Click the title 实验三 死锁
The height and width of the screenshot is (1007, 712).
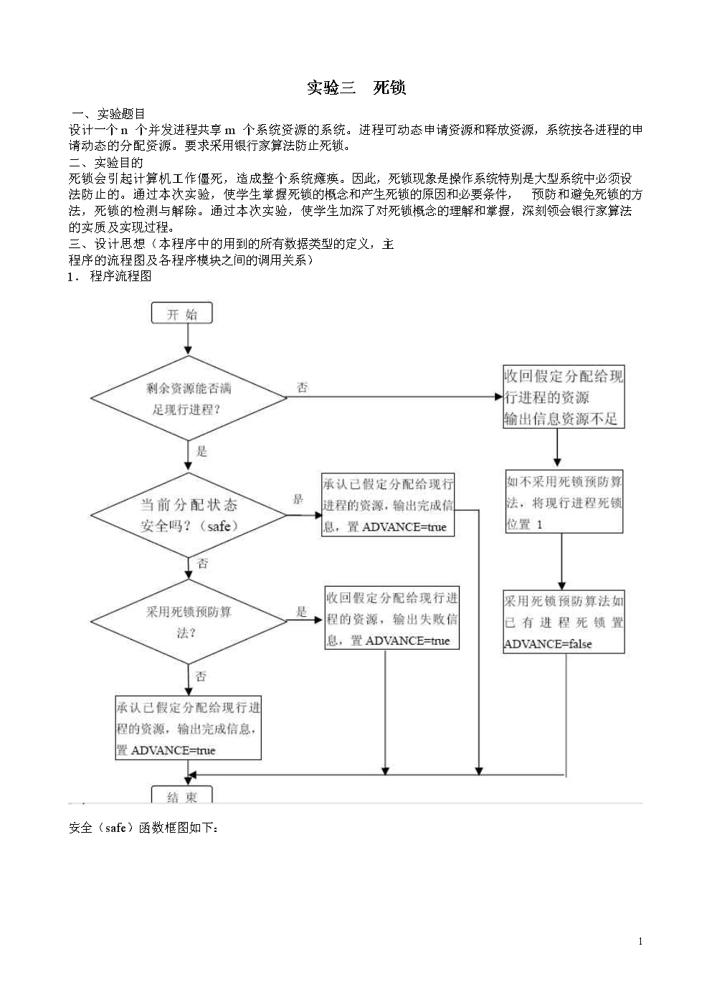pyautogui.click(x=356, y=88)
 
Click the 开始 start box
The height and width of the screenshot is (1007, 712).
pyautogui.click(x=182, y=314)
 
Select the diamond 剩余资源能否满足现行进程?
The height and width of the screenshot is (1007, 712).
pyautogui.click(x=189, y=398)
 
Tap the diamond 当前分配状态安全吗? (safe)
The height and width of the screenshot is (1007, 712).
pyautogui.click(x=189, y=515)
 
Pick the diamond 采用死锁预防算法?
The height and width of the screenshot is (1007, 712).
pyautogui.click(x=189, y=622)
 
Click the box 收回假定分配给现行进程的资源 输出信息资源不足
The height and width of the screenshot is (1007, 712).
pyautogui.click(x=564, y=397)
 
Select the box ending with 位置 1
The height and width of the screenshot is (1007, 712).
pyautogui.click(x=564, y=502)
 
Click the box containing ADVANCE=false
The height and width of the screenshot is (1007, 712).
pyautogui.click(x=564, y=622)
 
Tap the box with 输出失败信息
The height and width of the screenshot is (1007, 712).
pyautogui.click(x=391, y=618)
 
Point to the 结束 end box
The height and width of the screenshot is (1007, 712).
pyautogui.click(x=182, y=795)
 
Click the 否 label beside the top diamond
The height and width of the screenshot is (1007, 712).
pyautogui.click(x=303, y=388)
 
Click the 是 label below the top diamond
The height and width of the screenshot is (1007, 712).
pyautogui.click(x=201, y=451)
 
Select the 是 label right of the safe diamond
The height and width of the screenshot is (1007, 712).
pyautogui.click(x=298, y=499)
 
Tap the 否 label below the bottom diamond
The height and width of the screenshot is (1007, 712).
pyautogui.click(x=201, y=676)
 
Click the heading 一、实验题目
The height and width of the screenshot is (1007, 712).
pyautogui.click(x=110, y=113)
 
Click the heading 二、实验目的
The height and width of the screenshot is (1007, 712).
pyautogui.click(x=106, y=163)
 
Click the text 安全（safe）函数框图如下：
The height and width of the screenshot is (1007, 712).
pyautogui.click(x=143, y=828)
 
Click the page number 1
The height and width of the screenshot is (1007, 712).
pyautogui.click(x=640, y=942)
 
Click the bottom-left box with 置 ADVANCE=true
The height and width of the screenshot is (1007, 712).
pyautogui.click(x=189, y=728)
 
